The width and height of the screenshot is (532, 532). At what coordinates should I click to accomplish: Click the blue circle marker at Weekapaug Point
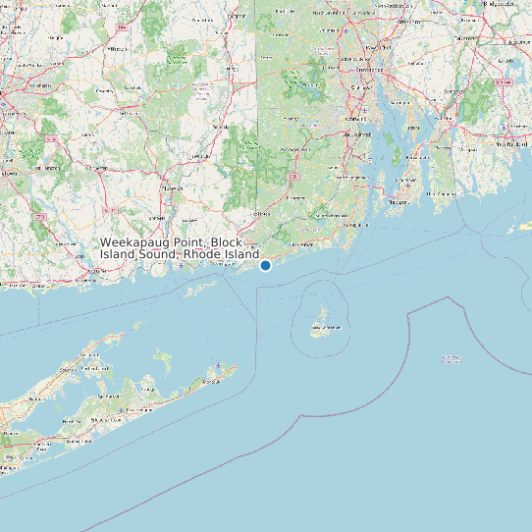[265, 265]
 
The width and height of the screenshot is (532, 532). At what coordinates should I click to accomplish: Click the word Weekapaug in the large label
[137, 241]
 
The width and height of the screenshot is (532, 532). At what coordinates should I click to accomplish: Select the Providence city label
[370, 71]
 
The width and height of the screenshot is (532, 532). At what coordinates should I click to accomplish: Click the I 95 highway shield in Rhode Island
[293, 176]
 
